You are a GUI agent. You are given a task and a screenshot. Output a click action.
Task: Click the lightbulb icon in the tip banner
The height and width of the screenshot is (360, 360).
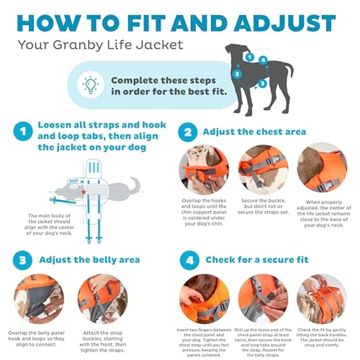91,85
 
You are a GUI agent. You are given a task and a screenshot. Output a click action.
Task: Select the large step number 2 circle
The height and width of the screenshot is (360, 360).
188,132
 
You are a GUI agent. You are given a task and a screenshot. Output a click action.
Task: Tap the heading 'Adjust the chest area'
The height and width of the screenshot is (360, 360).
254,132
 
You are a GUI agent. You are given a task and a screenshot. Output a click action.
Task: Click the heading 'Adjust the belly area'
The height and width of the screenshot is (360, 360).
89,260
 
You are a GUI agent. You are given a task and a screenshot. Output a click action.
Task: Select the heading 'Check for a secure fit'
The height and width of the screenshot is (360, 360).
257,260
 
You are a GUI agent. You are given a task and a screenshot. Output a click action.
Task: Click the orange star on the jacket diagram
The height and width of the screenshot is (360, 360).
83,192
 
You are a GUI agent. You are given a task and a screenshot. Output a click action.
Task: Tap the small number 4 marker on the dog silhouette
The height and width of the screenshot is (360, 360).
263,60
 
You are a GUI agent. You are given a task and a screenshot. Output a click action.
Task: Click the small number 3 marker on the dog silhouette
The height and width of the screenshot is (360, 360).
262,82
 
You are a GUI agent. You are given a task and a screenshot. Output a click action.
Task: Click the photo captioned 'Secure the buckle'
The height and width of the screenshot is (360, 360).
263,169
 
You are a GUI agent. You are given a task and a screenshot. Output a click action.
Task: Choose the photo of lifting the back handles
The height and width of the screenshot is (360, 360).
321,298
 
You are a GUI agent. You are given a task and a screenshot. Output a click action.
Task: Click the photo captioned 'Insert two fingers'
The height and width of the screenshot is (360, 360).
204,298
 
